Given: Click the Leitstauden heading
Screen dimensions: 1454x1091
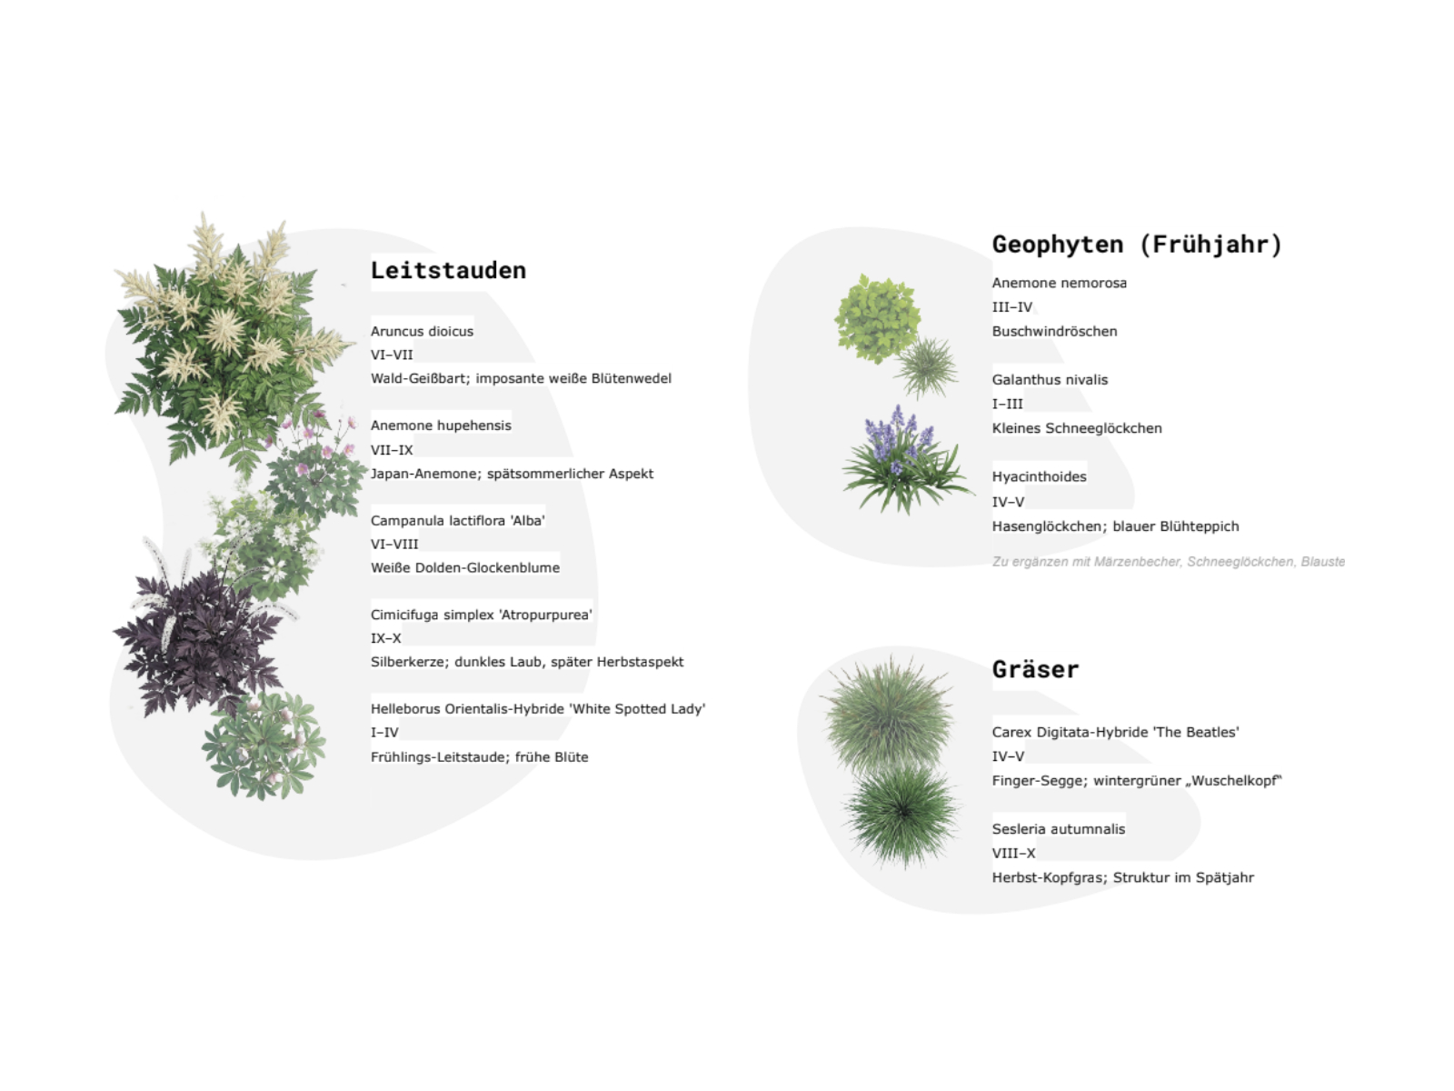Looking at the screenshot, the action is (x=448, y=270).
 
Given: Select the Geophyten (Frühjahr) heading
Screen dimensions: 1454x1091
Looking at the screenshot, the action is (x=1137, y=245).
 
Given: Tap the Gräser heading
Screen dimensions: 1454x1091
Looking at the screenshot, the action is (x=1035, y=669).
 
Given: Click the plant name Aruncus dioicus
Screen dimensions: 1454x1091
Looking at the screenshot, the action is (x=422, y=331).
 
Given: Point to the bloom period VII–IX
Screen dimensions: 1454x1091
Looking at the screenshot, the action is (x=392, y=450).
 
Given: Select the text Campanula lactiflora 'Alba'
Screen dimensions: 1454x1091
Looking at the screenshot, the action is (x=458, y=521).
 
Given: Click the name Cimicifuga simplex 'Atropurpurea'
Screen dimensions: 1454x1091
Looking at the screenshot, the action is (x=481, y=615).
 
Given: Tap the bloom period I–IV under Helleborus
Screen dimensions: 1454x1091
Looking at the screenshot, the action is (x=384, y=733).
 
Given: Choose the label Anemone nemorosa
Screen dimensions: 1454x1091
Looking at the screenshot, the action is (x=1060, y=283).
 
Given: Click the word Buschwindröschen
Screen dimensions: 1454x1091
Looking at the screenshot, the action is (x=1054, y=331).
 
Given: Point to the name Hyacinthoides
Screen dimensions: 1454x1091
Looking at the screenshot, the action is (x=1040, y=477).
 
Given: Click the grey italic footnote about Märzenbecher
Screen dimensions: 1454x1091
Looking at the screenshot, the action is (x=1169, y=562).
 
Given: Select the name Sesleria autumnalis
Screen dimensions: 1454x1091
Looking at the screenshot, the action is (x=1059, y=829).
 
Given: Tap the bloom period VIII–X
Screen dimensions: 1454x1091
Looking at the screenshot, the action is (x=1013, y=853).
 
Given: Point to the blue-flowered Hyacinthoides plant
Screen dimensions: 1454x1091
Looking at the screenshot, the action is (x=904, y=460).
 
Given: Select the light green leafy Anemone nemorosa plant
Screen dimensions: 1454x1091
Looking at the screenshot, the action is (x=876, y=319).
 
